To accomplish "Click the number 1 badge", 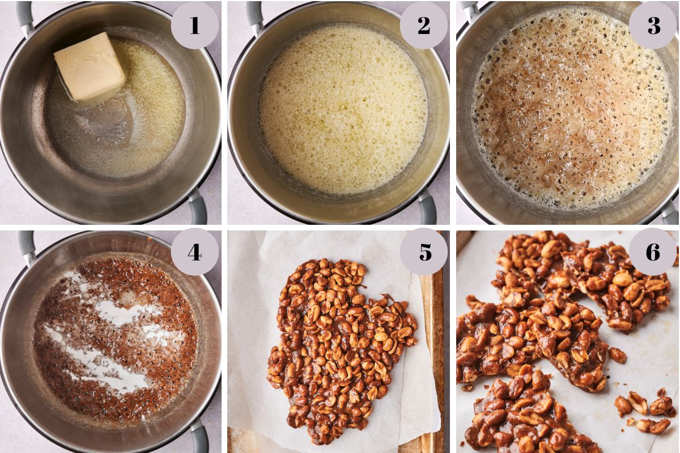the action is (x=194, y=25).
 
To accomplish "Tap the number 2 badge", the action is (x=423, y=25).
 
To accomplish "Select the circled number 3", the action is (x=653, y=25).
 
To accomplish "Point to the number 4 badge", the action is (x=194, y=252).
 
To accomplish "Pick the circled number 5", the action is (x=423, y=252).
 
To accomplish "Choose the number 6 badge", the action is (x=653, y=252).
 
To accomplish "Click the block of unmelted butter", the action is (x=90, y=66).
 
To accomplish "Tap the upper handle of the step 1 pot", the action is (x=25, y=16).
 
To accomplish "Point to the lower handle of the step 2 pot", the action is (x=427, y=207).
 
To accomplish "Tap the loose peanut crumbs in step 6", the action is (x=644, y=409).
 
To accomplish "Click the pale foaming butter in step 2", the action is (x=343, y=109).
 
